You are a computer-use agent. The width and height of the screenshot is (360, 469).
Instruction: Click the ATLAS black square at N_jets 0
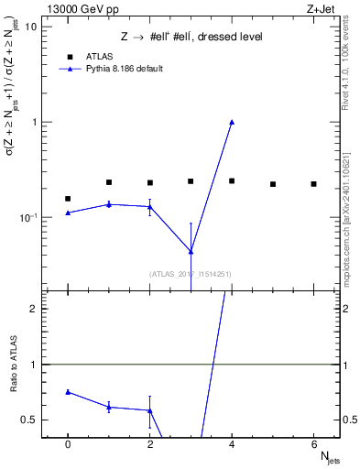(x=68, y=199)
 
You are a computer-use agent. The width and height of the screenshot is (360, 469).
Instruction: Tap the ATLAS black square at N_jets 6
(x=313, y=184)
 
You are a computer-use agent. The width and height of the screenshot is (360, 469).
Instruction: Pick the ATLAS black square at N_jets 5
(x=273, y=184)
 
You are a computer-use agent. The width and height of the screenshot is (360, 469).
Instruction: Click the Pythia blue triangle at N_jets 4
(x=232, y=122)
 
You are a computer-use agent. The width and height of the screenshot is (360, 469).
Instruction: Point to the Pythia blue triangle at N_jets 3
(x=191, y=251)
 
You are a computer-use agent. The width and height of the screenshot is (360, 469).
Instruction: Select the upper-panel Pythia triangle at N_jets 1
(x=109, y=204)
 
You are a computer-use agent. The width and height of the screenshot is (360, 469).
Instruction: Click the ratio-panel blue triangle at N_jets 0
(x=68, y=392)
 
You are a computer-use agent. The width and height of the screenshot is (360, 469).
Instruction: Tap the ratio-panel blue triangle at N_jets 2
(x=149, y=410)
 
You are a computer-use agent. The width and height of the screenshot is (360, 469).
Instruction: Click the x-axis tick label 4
(x=232, y=443)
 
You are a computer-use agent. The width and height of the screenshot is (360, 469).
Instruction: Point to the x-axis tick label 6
(x=313, y=443)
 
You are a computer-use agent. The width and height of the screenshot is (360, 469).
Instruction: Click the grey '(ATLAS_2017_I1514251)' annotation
(x=191, y=273)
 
